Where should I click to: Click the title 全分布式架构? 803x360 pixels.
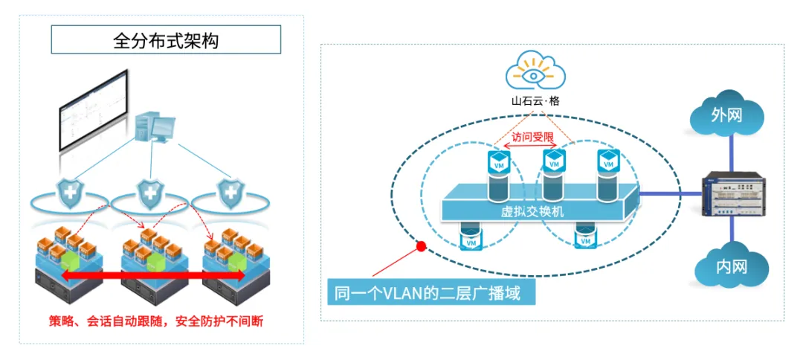(x=166, y=40)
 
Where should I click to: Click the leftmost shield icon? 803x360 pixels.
(x=72, y=194)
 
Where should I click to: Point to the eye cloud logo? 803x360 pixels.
(x=535, y=73)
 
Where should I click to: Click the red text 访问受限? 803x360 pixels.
(x=532, y=138)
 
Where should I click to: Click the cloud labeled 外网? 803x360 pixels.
(x=727, y=115)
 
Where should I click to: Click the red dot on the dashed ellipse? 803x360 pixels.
(x=421, y=245)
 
